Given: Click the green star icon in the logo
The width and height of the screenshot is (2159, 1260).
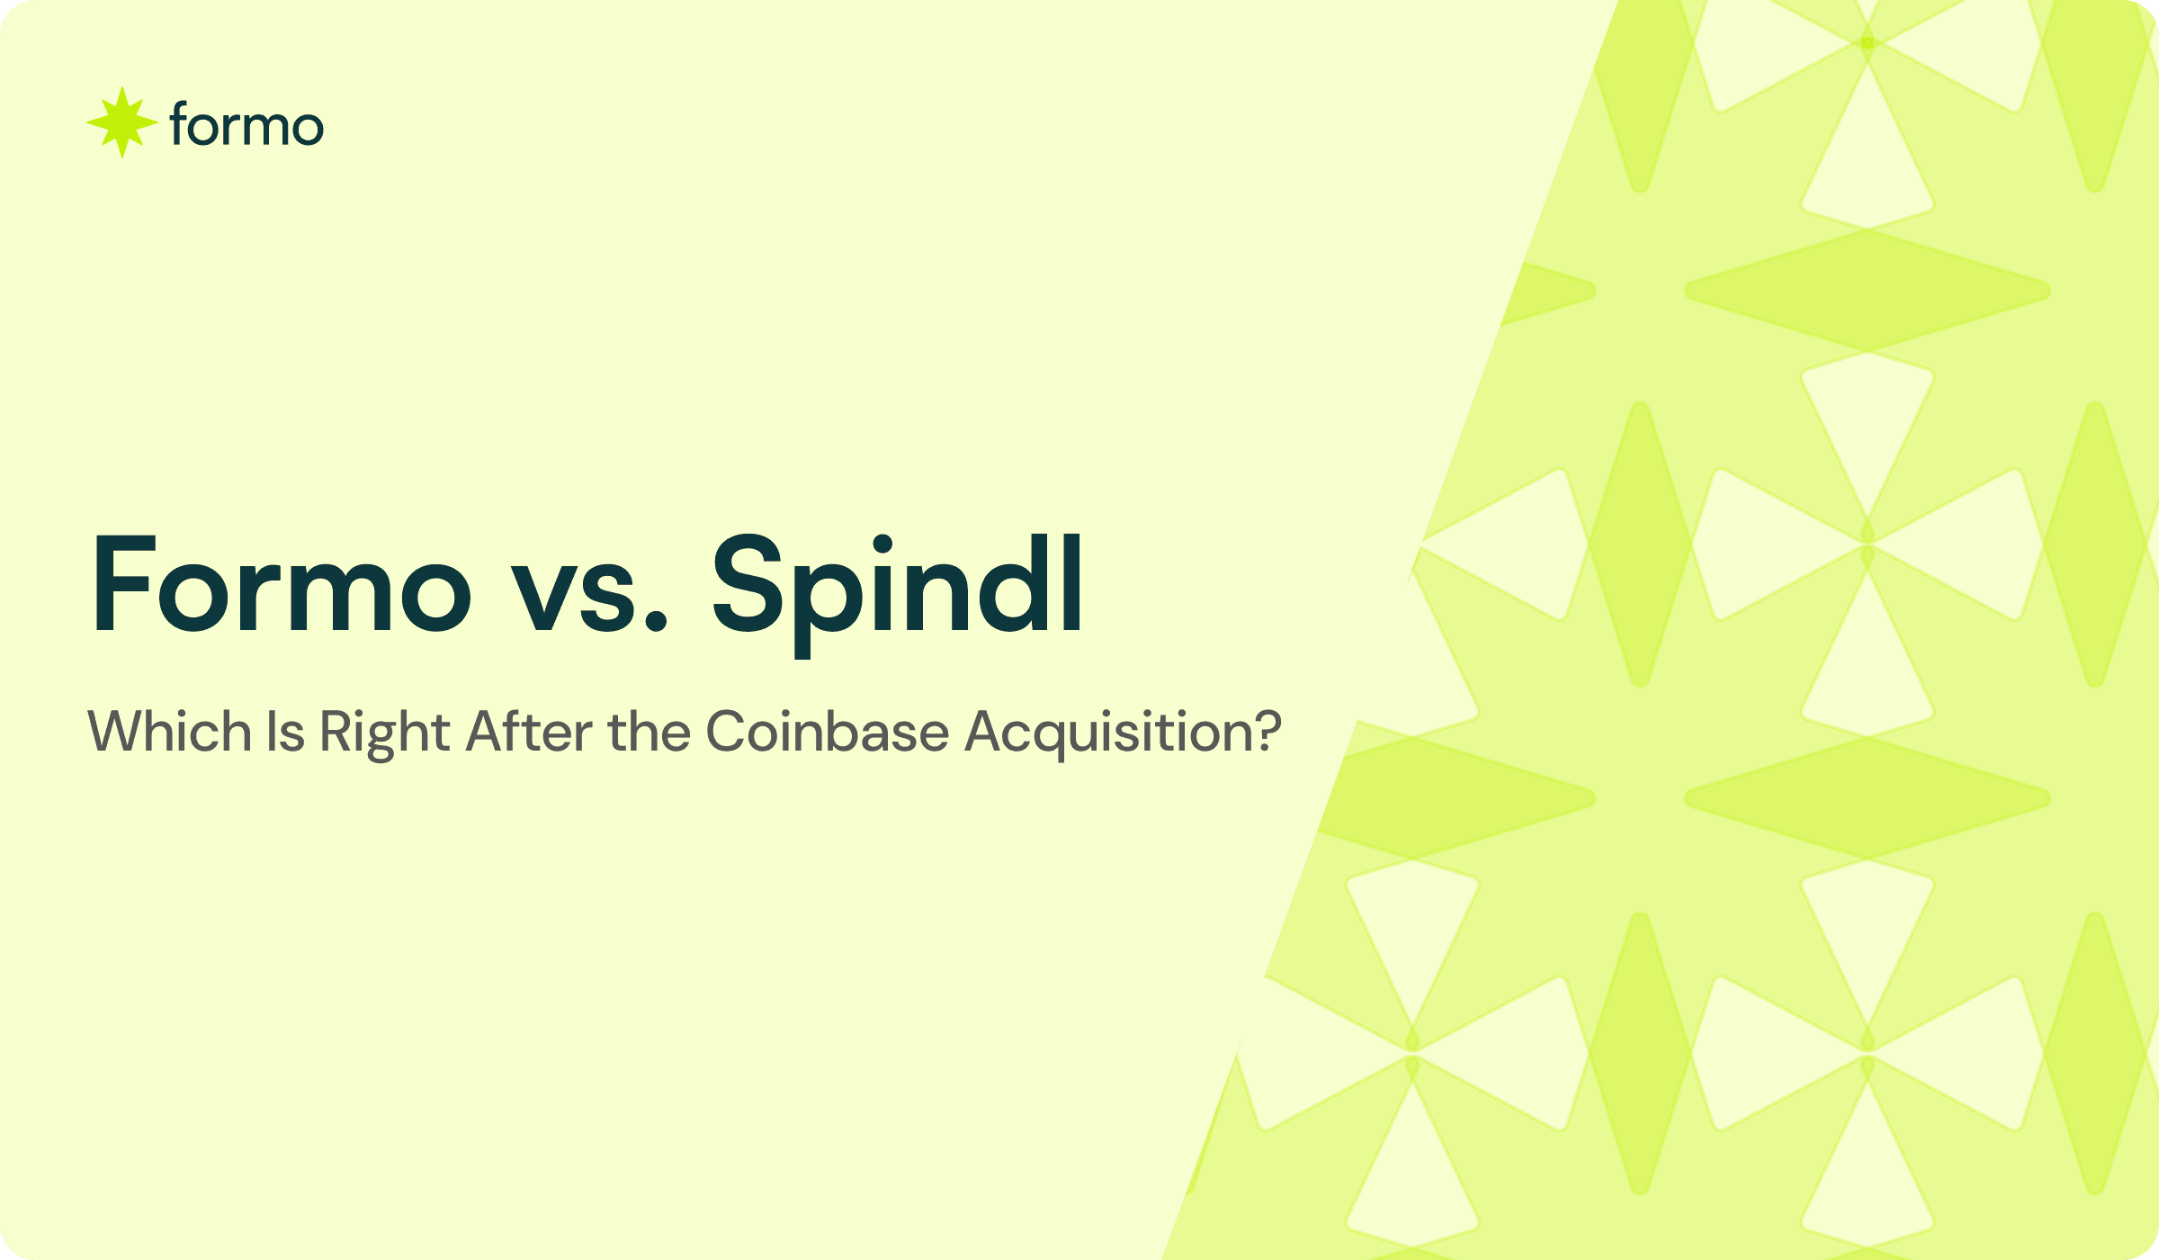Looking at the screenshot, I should (122, 123).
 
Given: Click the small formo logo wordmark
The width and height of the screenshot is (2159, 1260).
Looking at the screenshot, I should (246, 126).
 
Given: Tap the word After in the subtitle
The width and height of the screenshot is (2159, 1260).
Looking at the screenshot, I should (529, 731).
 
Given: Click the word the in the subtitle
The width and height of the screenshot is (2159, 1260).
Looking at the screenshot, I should (648, 731).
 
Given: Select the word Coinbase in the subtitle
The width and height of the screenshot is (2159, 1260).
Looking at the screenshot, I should (827, 731).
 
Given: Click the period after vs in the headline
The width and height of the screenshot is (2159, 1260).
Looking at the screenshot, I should (657, 621).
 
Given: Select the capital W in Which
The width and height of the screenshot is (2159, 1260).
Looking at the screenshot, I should (114, 731).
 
